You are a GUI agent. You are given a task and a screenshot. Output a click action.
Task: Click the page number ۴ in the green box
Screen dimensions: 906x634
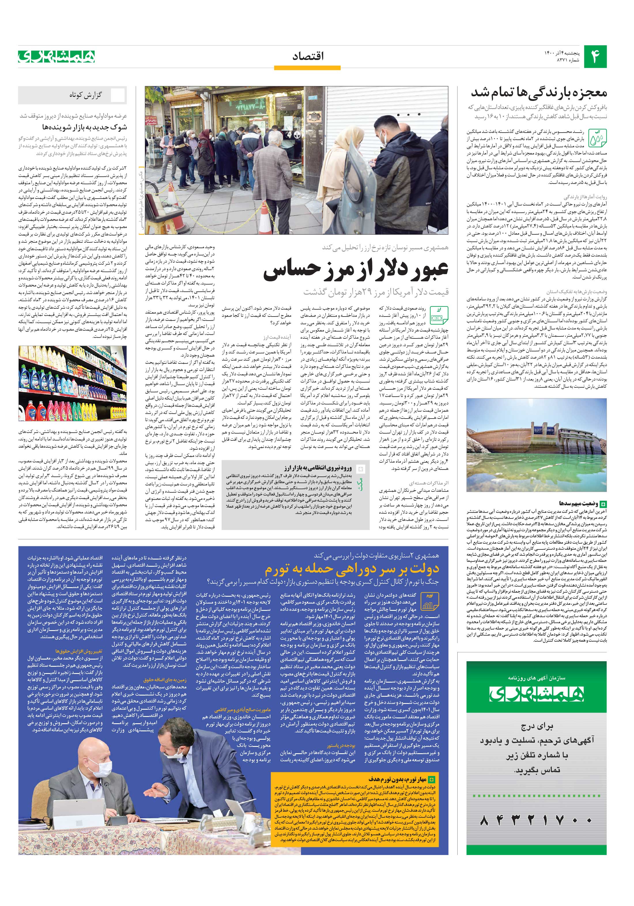click(x=595, y=57)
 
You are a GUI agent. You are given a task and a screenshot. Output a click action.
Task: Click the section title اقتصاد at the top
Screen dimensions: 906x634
click(x=308, y=56)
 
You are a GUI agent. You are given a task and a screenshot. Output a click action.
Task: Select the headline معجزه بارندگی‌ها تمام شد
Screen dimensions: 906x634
click(x=539, y=93)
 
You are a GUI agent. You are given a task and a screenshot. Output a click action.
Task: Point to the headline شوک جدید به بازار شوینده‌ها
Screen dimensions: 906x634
click(x=84, y=127)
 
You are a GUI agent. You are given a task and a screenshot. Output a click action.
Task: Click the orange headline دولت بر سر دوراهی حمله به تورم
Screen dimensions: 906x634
click(x=352, y=569)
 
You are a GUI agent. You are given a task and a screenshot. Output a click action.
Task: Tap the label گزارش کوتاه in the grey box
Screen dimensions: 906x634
click(x=86, y=95)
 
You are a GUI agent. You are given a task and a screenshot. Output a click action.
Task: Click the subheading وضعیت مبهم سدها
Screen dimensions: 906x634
click(x=578, y=504)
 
